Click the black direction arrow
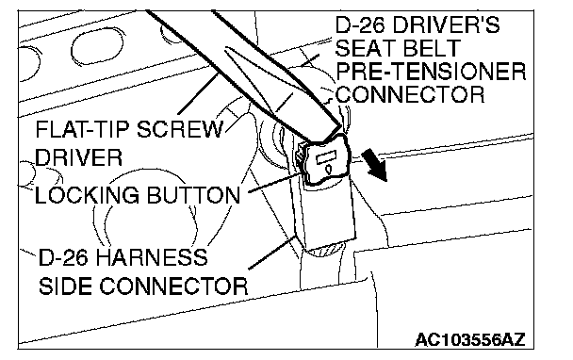click(375, 167)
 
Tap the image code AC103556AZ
click(470, 340)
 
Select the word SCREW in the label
click(180, 129)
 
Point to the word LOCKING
click(87, 195)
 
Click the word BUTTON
click(193, 195)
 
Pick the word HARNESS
click(152, 257)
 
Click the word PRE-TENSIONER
click(431, 72)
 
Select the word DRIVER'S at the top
click(447, 25)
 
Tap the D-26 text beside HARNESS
click(63, 257)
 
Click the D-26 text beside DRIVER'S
click(361, 25)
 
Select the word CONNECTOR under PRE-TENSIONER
click(410, 94)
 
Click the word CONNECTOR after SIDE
click(173, 286)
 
